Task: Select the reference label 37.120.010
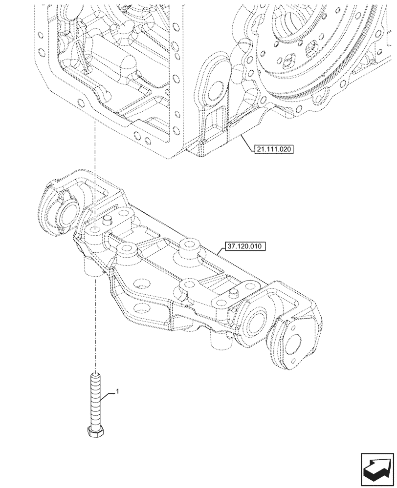pos(244,247)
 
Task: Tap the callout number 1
pos(117,391)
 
